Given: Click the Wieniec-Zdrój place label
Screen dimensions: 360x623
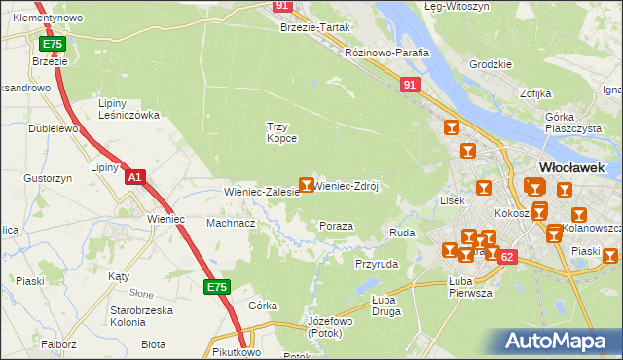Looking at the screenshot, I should [x=346, y=185].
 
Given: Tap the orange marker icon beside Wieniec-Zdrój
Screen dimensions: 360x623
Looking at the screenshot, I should [x=307, y=184].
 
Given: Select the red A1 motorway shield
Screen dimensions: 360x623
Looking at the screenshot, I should [x=135, y=178].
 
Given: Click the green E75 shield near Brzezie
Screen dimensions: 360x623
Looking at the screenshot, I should [x=52, y=45].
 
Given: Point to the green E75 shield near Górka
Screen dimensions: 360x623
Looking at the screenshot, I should [x=216, y=287].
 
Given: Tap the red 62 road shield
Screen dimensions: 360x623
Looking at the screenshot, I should [x=506, y=256].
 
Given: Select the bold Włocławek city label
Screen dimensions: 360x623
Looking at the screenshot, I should [x=574, y=166].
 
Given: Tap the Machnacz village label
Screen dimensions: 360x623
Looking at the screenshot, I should [x=231, y=223].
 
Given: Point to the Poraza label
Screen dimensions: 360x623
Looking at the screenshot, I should [x=336, y=226].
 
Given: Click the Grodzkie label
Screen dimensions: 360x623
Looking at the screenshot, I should [x=490, y=64].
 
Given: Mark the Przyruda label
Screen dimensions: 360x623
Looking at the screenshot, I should [x=377, y=263].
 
